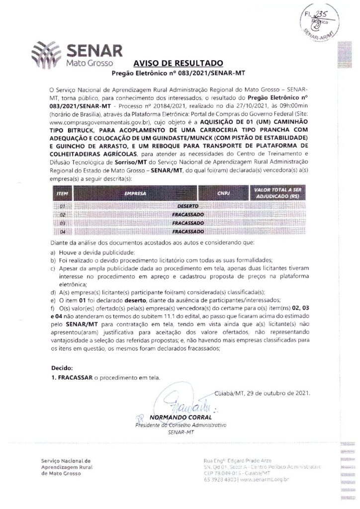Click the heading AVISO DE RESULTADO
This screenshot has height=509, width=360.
(178, 64)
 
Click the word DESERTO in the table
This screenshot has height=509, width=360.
(188, 205)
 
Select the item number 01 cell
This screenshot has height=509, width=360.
(63, 205)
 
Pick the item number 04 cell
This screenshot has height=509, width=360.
(63, 232)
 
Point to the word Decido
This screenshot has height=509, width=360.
(62, 368)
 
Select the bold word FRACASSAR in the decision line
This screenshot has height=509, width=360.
(72, 378)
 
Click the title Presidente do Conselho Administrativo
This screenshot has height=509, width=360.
(180, 426)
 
